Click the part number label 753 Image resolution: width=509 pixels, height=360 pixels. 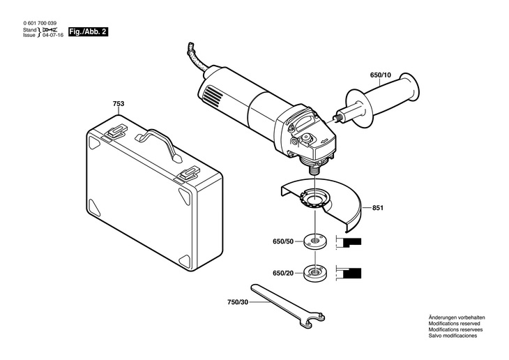(x=119, y=104)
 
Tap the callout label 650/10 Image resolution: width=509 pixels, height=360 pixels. (x=381, y=75)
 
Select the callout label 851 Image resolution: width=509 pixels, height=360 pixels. (x=378, y=208)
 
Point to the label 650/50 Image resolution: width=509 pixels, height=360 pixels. (x=283, y=241)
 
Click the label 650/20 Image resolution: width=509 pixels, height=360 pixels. (x=283, y=273)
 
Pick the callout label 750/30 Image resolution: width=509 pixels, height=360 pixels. (x=238, y=302)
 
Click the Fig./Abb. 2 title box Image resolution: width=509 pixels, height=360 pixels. (x=88, y=32)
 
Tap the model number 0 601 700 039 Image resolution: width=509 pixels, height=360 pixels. (x=40, y=24)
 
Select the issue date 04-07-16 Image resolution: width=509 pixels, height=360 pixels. (x=53, y=35)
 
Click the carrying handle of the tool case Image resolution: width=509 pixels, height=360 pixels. (x=159, y=143)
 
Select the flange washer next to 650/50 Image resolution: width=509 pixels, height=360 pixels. (x=315, y=241)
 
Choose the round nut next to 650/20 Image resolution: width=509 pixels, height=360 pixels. (x=315, y=273)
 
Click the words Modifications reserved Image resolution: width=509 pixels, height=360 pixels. (x=454, y=323)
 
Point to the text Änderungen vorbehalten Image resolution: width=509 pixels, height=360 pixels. (x=457, y=317)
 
